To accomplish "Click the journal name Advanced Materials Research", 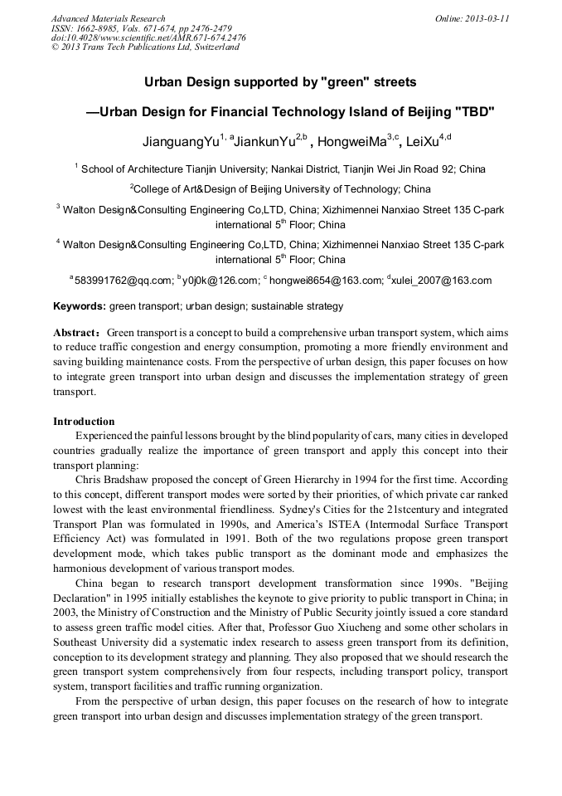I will [108, 18].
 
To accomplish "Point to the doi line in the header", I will [148, 37].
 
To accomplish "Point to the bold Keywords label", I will [80, 306].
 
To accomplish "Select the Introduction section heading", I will [84, 421].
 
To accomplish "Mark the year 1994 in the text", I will [401, 480].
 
